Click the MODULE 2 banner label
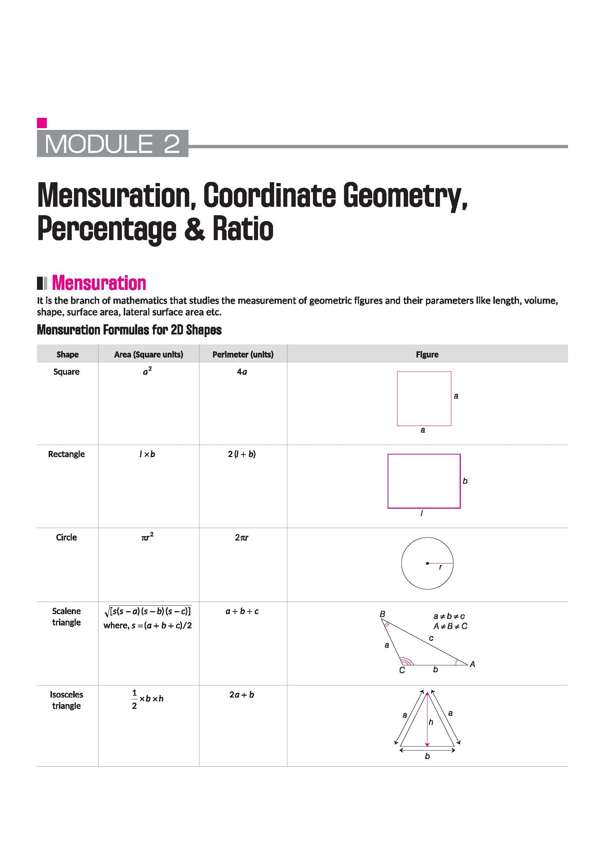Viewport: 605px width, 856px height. point(112,143)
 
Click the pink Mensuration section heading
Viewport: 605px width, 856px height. point(99,283)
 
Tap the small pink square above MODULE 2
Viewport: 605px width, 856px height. point(42,123)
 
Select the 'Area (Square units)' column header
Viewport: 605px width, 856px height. point(148,354)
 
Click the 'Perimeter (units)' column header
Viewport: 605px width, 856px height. point(243,354)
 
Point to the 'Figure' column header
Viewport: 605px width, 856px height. point(427,354)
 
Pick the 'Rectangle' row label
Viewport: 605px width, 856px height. point(66,454)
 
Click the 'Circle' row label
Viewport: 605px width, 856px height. point(66,537)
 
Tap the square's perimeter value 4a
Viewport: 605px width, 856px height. point(242,372)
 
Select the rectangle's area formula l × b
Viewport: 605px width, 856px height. point(147,454)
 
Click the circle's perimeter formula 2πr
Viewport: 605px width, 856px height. point(242,537)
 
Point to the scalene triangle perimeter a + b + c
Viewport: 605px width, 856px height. point(242,611)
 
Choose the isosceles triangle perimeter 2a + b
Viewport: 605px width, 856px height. point(242,695)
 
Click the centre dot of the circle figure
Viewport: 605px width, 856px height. point(427,563)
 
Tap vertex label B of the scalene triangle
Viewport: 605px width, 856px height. point(382,614)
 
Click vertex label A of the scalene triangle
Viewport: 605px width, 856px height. point(472,664)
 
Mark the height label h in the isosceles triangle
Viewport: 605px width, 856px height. point(431,722)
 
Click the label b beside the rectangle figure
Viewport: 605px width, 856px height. point(465,481)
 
